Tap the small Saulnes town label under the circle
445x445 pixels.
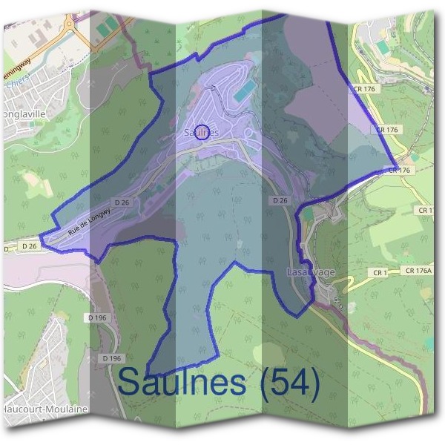(200, 133)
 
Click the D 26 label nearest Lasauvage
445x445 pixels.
(280, 201)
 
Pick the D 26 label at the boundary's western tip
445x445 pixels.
(28, 245)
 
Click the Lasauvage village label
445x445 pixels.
(311, 272)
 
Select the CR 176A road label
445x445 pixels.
(419, 271)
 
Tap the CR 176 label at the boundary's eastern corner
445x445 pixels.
(400, 171)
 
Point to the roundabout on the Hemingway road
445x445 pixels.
(68, 24)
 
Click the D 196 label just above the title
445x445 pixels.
(111, 359)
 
